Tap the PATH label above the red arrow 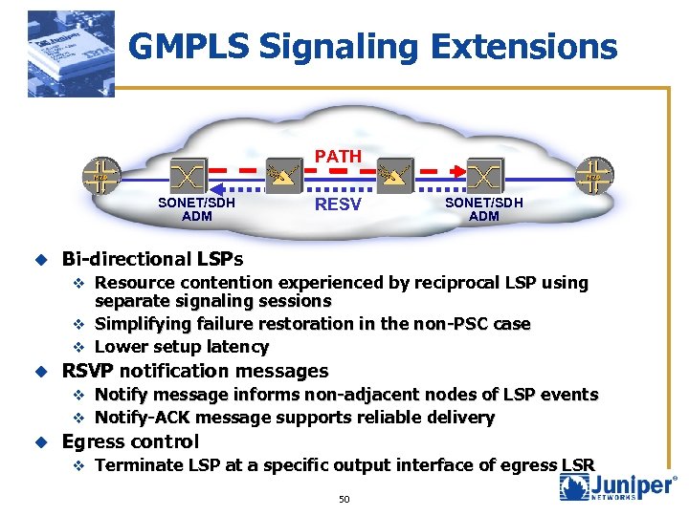tap(338, 156)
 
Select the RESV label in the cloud tap(338, 204)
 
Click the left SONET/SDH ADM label tap(197, 209)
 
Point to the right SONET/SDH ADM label tap(484, 209)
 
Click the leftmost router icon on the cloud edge tap(100, 177)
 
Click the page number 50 tap(344, 499)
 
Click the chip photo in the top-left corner tap(71, 54)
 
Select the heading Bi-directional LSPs tap(152, 259)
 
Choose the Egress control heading tap(130, 441)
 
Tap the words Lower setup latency tap(182, 347)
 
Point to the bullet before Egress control tap(40, 441)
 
